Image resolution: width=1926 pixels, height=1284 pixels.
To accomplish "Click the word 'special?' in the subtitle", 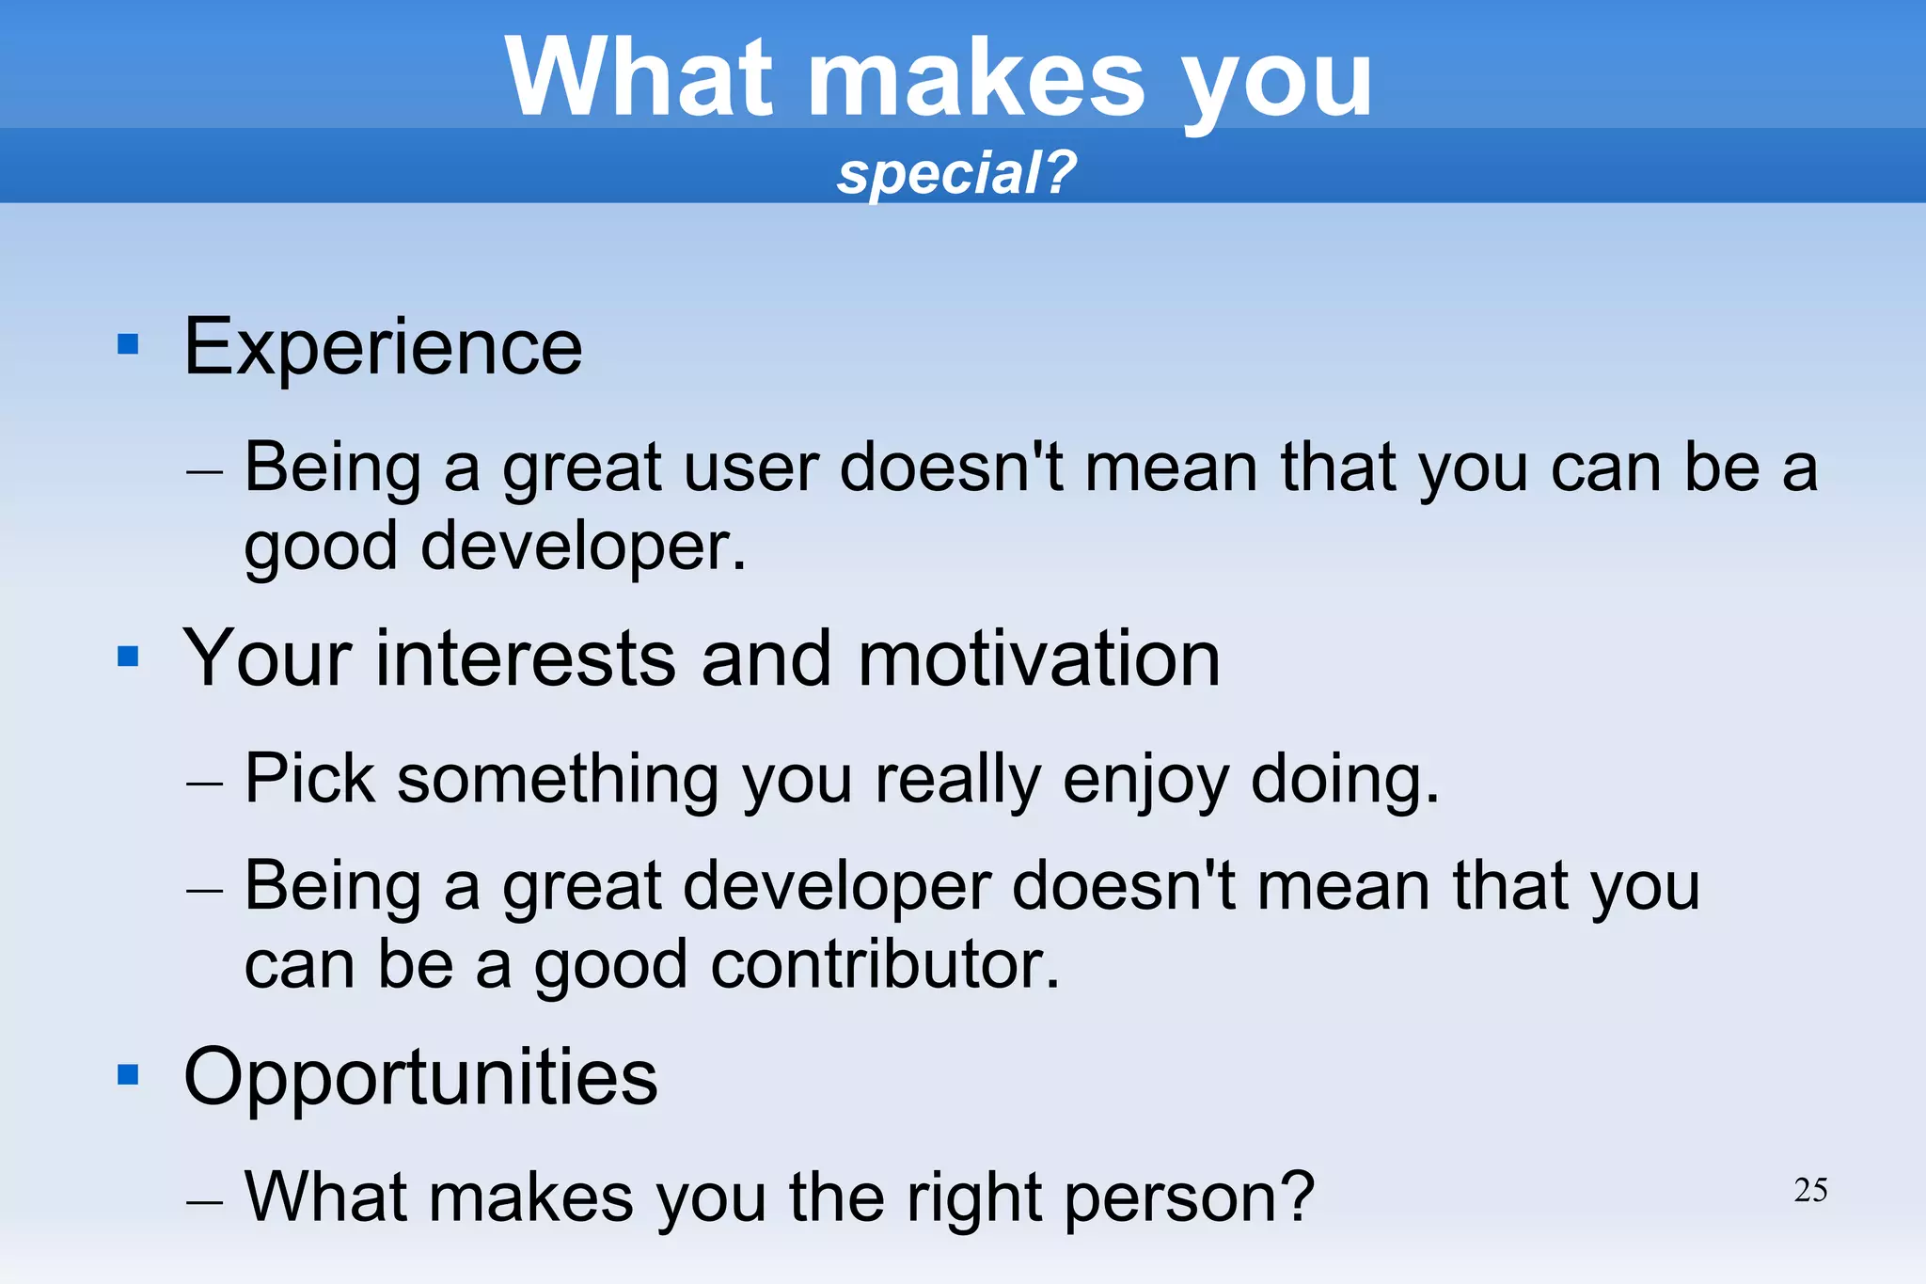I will pos(955,174).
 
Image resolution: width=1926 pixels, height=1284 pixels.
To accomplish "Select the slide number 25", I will pos(1810,1190).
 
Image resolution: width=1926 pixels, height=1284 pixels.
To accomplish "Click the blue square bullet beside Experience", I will pos(128,344).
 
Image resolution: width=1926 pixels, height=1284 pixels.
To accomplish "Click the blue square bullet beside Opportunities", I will pos(128,1074).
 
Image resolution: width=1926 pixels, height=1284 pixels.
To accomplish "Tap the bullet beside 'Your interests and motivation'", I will pos(128,656).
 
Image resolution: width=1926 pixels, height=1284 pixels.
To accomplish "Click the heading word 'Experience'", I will pos(383,348).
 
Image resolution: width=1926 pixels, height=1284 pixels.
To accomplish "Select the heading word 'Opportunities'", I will pos(420,1078).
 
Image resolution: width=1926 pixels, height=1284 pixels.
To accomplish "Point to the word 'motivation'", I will pos(1038,658).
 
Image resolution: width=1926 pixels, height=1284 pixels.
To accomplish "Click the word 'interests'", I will pos(525,658).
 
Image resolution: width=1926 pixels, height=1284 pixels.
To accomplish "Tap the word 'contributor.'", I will pos(884,965).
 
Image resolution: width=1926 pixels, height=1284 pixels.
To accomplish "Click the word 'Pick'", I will pos(309,779).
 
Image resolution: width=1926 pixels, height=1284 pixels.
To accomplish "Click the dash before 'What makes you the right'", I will pos(204,1201).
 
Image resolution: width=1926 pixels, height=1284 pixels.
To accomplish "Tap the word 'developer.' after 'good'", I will pos(583,547).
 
